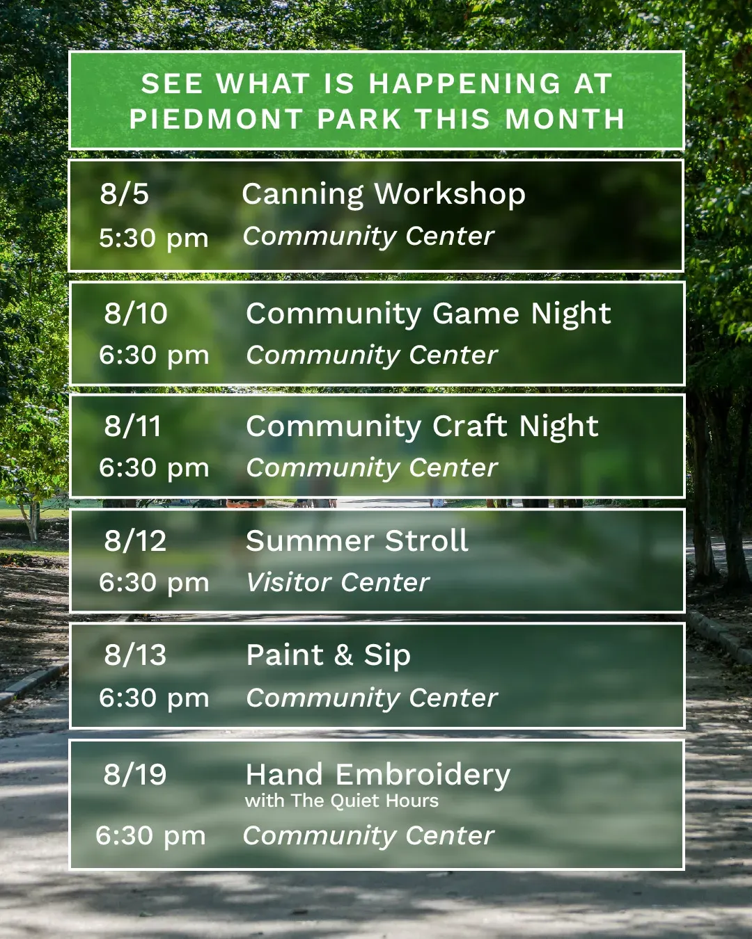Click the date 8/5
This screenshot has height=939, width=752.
(125, 193)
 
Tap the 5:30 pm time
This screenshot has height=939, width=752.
(154, 239)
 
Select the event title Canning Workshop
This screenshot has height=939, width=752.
(384, 195)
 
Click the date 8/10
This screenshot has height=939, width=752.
(136, 313)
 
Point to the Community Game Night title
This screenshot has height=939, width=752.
(428, 314)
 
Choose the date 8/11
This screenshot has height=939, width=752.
(132, 426)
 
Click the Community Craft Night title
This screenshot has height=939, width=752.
(422, 427)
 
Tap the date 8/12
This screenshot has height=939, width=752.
(135, 540)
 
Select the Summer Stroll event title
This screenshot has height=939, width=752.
(357, 540)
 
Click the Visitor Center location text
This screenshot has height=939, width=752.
(338, 582)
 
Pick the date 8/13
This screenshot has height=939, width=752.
(135, 655)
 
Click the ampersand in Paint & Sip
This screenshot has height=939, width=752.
(343, 655)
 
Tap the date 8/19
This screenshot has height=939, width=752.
(135, 774)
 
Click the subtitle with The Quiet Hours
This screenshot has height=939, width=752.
(342, 801)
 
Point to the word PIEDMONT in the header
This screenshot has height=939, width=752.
(217, 119)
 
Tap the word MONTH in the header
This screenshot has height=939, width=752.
(565, 119)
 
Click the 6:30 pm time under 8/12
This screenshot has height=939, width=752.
(154, 582)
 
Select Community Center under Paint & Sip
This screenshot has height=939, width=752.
(372, 697)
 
